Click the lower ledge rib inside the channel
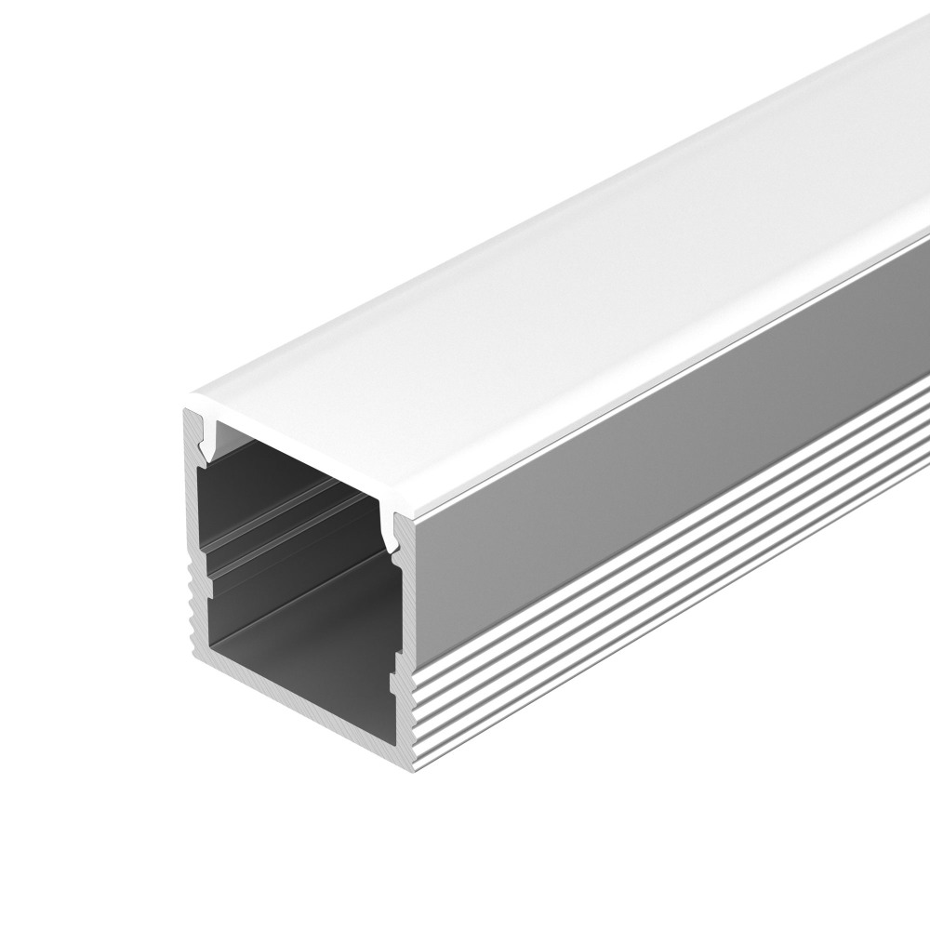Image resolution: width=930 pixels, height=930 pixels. coord(279,563)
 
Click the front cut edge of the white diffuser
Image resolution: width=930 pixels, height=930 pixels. coord(298,459)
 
